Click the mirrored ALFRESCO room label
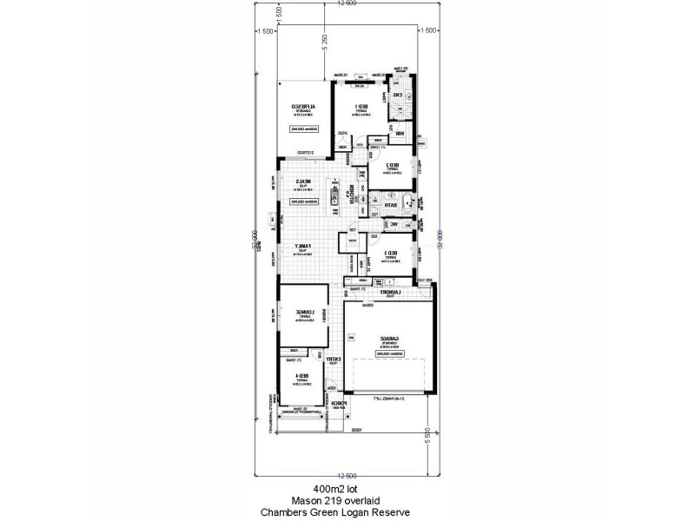point(303,108)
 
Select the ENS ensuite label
point(398,96)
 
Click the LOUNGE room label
point(301,313)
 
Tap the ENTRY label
point(334,359)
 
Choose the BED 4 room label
point(301,375)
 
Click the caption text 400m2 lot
point(347,488)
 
